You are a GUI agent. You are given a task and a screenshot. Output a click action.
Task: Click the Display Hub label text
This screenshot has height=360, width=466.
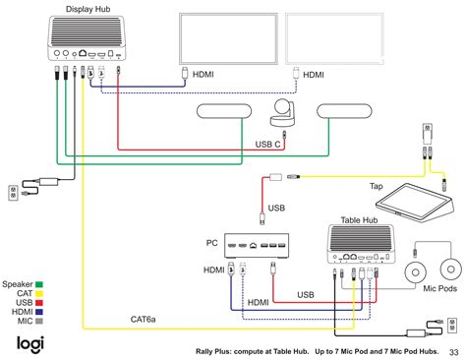click(87, 9)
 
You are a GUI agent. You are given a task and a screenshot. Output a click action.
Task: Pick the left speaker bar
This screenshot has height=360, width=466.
click(227, 114)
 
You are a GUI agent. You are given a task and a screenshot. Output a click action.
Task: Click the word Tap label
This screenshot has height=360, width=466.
click(377, 187)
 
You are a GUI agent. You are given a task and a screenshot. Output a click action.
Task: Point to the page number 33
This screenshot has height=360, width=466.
click(452, 352)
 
